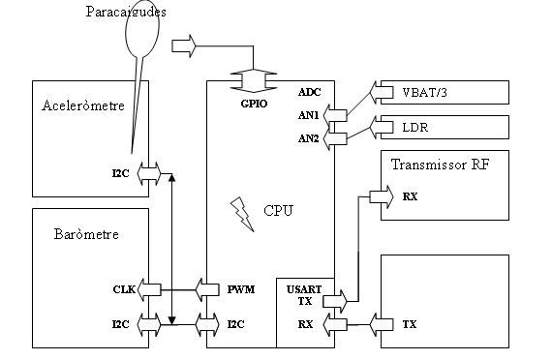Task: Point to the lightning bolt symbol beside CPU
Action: pos(239,208)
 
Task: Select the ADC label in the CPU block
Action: pos(310,92)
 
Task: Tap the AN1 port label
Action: pos(310,115)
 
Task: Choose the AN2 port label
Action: pos(310,139)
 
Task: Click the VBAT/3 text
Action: pos(425,94)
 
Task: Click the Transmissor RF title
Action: pos(440,165)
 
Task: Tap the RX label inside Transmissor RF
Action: pos(410,197)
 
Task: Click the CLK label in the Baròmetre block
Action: pos(122,288)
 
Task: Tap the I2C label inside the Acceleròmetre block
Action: pos(120,173)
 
